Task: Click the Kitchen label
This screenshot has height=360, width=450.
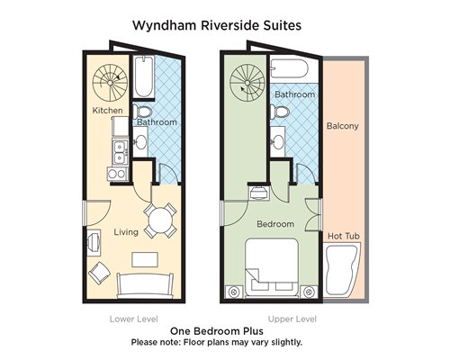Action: point(107,111)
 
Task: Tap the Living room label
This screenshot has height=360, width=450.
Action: point(126,232)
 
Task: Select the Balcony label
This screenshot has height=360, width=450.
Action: point(342,126)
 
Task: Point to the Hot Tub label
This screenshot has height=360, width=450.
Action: point(344,236)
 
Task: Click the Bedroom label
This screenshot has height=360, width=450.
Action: point(275,224)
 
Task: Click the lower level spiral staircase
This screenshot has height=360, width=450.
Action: point(110,83)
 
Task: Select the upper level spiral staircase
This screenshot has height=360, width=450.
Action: point(247,83)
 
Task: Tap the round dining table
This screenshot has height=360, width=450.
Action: point(160,221)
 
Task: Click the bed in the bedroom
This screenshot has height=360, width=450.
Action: point(272,268)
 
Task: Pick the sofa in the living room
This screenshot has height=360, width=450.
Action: point(145,285)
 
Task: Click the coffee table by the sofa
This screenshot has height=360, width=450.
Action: point(145,259)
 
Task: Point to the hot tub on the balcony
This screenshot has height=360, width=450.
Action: point(342,270)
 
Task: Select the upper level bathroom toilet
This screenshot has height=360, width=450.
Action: point(280,112)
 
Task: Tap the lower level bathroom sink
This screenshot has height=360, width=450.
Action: point(140,141)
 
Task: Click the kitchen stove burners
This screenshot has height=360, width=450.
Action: point(118,174)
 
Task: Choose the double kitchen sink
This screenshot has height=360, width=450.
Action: point(121,152)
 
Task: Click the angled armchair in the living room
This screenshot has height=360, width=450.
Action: point(99,273)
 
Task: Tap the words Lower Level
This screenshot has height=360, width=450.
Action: point(133,319)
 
